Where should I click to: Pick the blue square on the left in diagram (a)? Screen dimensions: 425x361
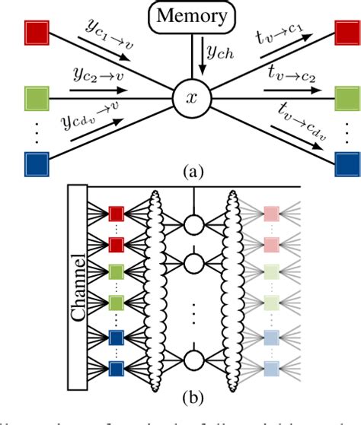(37, 164)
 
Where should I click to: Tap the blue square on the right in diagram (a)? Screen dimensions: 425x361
(347, 164)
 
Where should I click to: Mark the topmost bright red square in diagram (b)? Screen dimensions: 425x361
(117, 213)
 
